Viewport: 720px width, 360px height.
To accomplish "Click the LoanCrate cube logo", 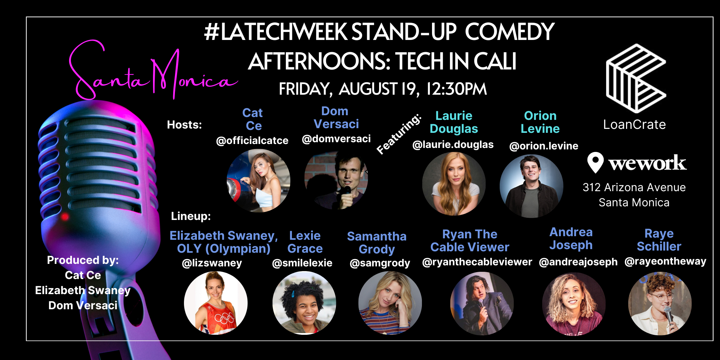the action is click(x=636, y=78).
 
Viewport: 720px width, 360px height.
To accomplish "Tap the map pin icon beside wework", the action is click(x=595, y=162).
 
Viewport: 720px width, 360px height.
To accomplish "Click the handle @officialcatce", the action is click(x=252, y=140).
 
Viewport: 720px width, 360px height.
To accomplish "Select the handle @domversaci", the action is click(x=336, y=139).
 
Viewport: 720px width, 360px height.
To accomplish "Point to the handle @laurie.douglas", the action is click(x=453, y=145).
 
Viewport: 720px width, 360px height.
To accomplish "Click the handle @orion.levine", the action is click(x=544, y=146).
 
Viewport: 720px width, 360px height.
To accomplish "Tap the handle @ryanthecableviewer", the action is click(x=477, y=262).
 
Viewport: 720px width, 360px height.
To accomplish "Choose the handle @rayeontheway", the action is click(x=665, y=261).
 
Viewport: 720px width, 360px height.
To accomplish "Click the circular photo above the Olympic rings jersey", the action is click(x=216, y=303).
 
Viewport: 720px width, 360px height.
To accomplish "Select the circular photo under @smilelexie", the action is click(x=304, y=303).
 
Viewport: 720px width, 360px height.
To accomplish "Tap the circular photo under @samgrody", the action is click(x=390, y=303).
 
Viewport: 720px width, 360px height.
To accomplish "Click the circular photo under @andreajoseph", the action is click(x=574, y=304).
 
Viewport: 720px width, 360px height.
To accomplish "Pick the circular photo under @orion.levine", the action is click(x=531, y=186).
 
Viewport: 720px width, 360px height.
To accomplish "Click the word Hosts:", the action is click(x=184, y=125).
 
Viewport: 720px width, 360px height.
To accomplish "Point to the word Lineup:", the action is click(x=191, y=216).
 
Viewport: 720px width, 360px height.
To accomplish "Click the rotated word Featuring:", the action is click(x=399, y=134).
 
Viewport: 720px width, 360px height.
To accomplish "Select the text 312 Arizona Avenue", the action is click(x=634, y=187).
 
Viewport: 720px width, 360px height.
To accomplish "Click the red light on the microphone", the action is click(x=65, y=216).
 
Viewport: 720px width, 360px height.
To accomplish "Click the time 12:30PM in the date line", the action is click(x=456, y=89).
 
